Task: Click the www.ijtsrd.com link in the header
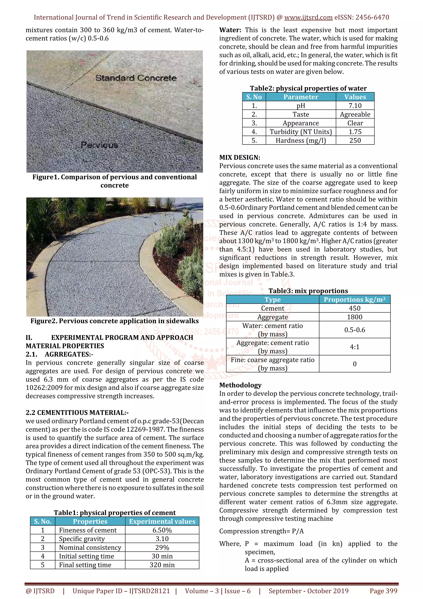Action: (308, 18)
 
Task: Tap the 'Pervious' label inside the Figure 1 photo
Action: (99, 145)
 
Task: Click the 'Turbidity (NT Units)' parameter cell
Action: (301, 132)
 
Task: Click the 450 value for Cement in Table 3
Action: (354, 308)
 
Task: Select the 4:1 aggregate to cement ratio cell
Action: (354, 347)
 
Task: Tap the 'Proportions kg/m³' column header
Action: (354, 299)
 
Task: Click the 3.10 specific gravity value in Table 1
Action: (162, 539)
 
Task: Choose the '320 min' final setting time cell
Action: (162, 565)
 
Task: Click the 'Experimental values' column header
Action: (162, 521)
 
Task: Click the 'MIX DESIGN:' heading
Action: (240, 158)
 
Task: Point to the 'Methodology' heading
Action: (240, 385)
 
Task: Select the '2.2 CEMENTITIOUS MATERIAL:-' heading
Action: (77, 413)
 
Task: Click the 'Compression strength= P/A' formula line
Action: (261, 531)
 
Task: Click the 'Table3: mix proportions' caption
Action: (308, 291)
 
